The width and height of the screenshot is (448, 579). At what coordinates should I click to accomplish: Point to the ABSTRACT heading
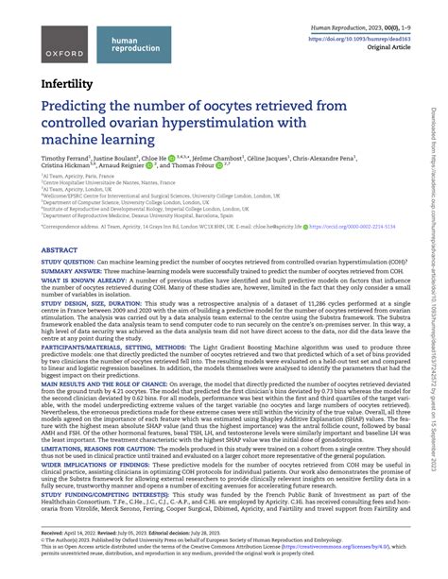pos(60,250)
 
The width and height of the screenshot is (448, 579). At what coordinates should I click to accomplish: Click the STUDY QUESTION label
pos(68,261)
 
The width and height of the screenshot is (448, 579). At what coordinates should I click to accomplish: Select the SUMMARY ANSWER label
pos(71,271)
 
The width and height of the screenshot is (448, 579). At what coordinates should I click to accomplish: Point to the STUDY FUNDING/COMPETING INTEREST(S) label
pos(106,492)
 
